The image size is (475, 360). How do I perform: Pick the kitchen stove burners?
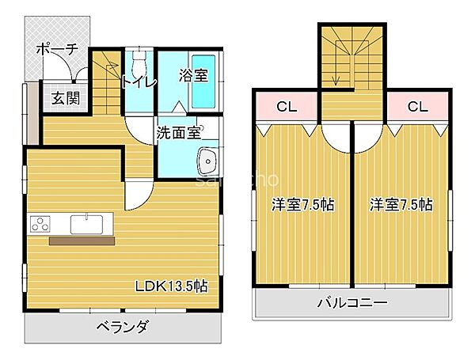pos(40,224)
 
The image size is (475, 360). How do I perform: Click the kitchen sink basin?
pos(83,224)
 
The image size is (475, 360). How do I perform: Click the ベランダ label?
pos(123,327)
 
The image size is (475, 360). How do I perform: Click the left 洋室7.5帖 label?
pos(302,205)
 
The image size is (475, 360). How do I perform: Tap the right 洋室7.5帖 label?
pos(401,205)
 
